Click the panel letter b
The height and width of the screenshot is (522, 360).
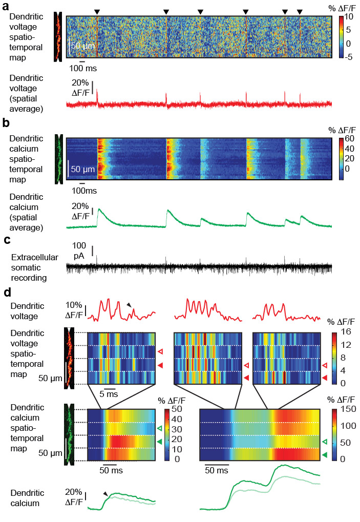pyautogui.click(x=6, y=123)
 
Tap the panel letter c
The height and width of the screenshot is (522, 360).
pyautogui.click(x=6, y=240)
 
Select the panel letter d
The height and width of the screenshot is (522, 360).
pyautogui.click(x=6, y=294)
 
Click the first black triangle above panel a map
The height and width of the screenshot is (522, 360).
pyautogui.click(x=97, y=11)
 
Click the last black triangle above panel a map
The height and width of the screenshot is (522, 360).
pyautogui.click(x=300, y=11)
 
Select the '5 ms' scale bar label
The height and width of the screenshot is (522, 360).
pyautogui.click(x=108, y=394)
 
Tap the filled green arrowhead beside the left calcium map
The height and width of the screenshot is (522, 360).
pyautogui.click(x=160, y=442)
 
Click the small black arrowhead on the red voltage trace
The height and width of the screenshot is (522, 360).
pyautogui.click(x=129, y=305)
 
